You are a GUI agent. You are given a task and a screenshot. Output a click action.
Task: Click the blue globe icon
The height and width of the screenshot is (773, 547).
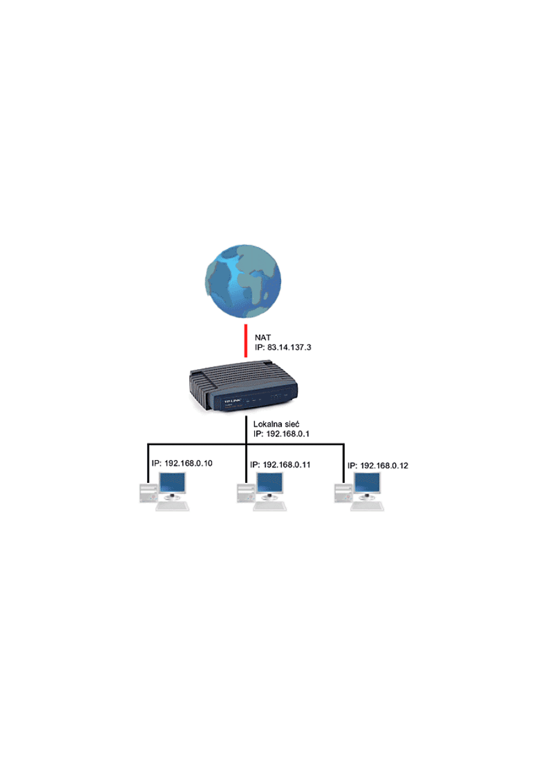[243, 280]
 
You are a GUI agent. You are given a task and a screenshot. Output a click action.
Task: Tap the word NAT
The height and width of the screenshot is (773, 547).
[262, 337]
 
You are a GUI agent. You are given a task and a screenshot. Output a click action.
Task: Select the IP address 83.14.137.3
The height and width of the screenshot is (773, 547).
[290, 346]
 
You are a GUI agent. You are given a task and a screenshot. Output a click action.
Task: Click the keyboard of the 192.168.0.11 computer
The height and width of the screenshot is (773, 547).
[270, 507]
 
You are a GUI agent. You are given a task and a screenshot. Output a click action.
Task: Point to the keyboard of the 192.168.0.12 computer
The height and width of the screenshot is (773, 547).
[368, 507]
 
